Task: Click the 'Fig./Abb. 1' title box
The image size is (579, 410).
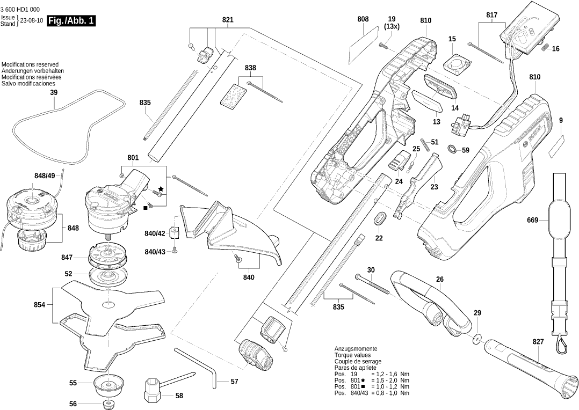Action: point(71,21)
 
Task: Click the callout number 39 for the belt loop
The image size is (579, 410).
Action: point(53,93)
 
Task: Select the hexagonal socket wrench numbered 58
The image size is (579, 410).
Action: point(153,390)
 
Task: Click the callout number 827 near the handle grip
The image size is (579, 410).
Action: point(538,342)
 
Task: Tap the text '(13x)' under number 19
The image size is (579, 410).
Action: point(392,26)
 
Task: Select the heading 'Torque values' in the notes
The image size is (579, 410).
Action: point(352,355)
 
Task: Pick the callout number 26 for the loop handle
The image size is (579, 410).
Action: point(439,279)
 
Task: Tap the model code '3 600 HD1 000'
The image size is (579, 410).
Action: point(20,10)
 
